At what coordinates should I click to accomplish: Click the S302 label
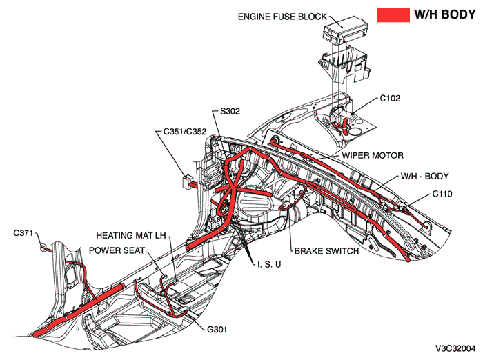(230, 111)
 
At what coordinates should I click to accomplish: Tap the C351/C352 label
(185, 130)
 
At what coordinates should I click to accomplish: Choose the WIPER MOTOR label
(373, 156)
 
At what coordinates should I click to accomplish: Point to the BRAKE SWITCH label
(326, 251)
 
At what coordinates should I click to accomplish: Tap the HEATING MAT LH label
(130, 235)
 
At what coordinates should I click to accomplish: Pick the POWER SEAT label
(117, 250)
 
